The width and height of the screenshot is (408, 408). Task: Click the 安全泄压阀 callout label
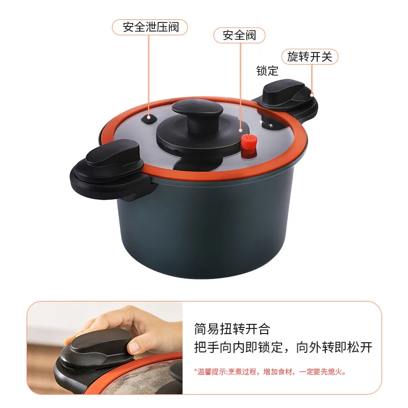pos(150,28)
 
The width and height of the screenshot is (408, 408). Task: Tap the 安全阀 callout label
pos(239,35)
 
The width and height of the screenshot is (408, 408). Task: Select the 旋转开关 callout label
pos(310,57)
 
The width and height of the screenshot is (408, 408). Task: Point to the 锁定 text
pos(267,71)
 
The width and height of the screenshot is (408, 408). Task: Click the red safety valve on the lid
pos(249,146)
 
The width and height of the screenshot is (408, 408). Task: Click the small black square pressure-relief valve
pos(149,119)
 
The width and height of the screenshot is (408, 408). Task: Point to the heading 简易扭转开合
pos(232,328)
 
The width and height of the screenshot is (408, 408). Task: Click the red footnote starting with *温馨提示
pos(271,372)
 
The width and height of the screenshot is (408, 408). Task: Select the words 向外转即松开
pos(334,347)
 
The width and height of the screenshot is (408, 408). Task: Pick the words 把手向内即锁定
pos(238,347)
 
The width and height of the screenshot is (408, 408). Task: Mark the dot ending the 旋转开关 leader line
pos(312,95)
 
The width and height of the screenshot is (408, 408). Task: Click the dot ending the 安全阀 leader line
pos(240,131)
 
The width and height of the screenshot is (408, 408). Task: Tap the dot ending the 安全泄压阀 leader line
pos(149,117)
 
